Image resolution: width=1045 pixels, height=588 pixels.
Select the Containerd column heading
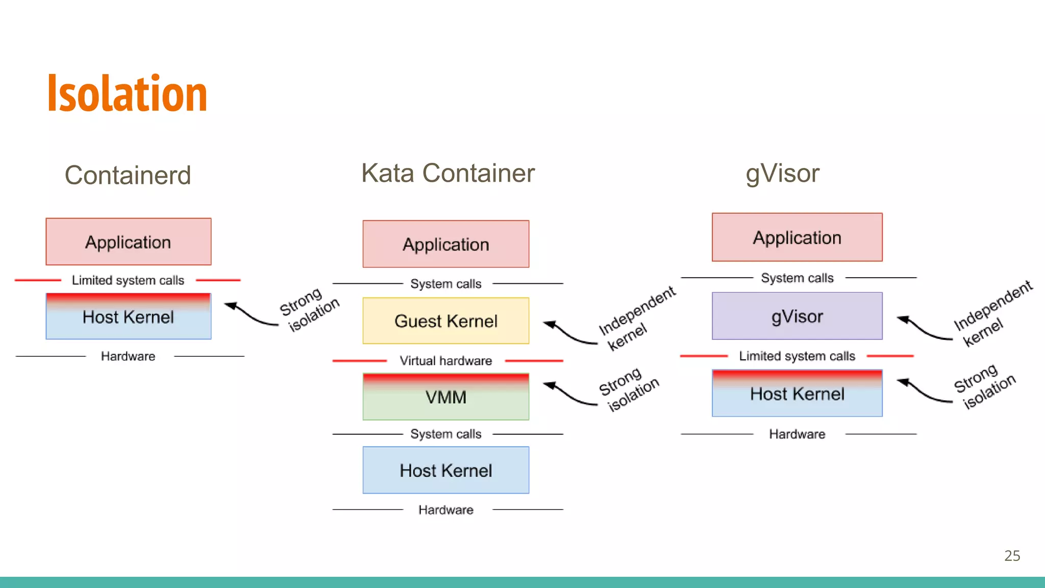click(128, 175)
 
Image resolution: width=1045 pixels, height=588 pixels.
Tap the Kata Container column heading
click(447, 173)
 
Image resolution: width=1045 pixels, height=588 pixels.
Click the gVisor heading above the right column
click(782, 174)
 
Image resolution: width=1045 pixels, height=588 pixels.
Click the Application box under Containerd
click(128, 242)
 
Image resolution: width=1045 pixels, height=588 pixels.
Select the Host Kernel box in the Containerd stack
click(128, 317)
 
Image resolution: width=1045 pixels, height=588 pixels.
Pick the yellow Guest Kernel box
click(445, 321)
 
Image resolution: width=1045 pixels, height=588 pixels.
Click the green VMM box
click(445, 397)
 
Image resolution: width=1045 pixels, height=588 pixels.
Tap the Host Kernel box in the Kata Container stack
click(445, 470)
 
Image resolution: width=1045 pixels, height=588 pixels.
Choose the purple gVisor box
click(797, 316)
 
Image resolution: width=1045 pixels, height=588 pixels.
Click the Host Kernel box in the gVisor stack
click(797, 394)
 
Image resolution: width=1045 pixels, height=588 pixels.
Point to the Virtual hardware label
click(445, 361)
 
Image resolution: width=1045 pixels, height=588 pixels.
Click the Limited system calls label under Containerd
click(128, 280)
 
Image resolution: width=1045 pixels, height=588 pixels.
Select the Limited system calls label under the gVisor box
click(797, 356)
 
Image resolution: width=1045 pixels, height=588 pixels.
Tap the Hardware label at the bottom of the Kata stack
click(445, 510)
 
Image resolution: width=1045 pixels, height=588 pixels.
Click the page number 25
click(1012, 555)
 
